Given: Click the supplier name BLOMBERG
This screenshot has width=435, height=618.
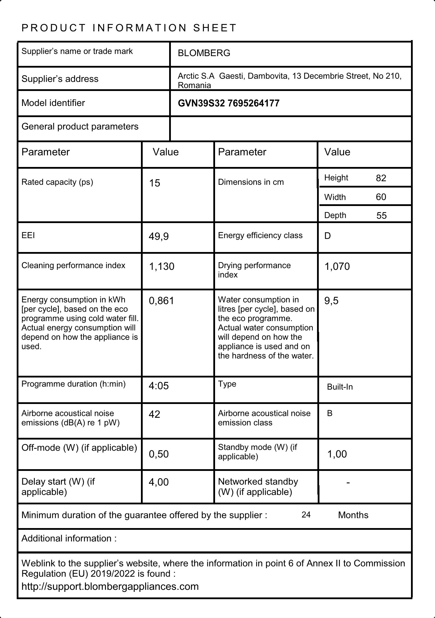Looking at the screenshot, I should point(204,53).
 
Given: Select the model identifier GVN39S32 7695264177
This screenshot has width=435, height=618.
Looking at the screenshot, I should point(228,104).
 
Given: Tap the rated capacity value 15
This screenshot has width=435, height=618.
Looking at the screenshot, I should point(155,183).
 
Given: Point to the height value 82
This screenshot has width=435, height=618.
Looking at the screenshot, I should point(381,178).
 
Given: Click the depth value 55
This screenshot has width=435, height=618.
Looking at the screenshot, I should point(381,216).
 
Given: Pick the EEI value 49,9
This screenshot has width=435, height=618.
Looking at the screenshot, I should point(159,237).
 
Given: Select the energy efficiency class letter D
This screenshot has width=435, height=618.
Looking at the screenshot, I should point(327,236).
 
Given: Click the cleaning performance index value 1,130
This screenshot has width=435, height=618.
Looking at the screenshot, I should point(161,267).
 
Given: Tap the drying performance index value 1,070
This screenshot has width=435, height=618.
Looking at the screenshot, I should point(337,267).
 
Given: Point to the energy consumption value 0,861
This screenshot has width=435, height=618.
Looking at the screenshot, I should point(161,301).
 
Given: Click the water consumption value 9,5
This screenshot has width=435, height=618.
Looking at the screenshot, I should point(331,301).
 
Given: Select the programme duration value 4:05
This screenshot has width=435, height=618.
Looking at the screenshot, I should point(159,386).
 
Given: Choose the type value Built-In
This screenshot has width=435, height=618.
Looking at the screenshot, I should point(340,387).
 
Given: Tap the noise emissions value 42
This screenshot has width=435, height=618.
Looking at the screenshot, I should point(155,414).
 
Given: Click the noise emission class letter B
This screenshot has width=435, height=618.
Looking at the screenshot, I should point(330,413).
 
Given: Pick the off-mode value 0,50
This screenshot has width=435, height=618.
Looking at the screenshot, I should point(159,454).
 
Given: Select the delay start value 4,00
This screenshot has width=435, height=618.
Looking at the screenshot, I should point(159,482).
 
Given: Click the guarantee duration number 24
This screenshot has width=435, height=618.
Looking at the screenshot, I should point(306,515).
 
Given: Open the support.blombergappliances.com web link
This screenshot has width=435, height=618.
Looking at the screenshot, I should point(110,586).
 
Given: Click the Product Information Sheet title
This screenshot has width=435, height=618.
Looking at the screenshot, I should point(129,28).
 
